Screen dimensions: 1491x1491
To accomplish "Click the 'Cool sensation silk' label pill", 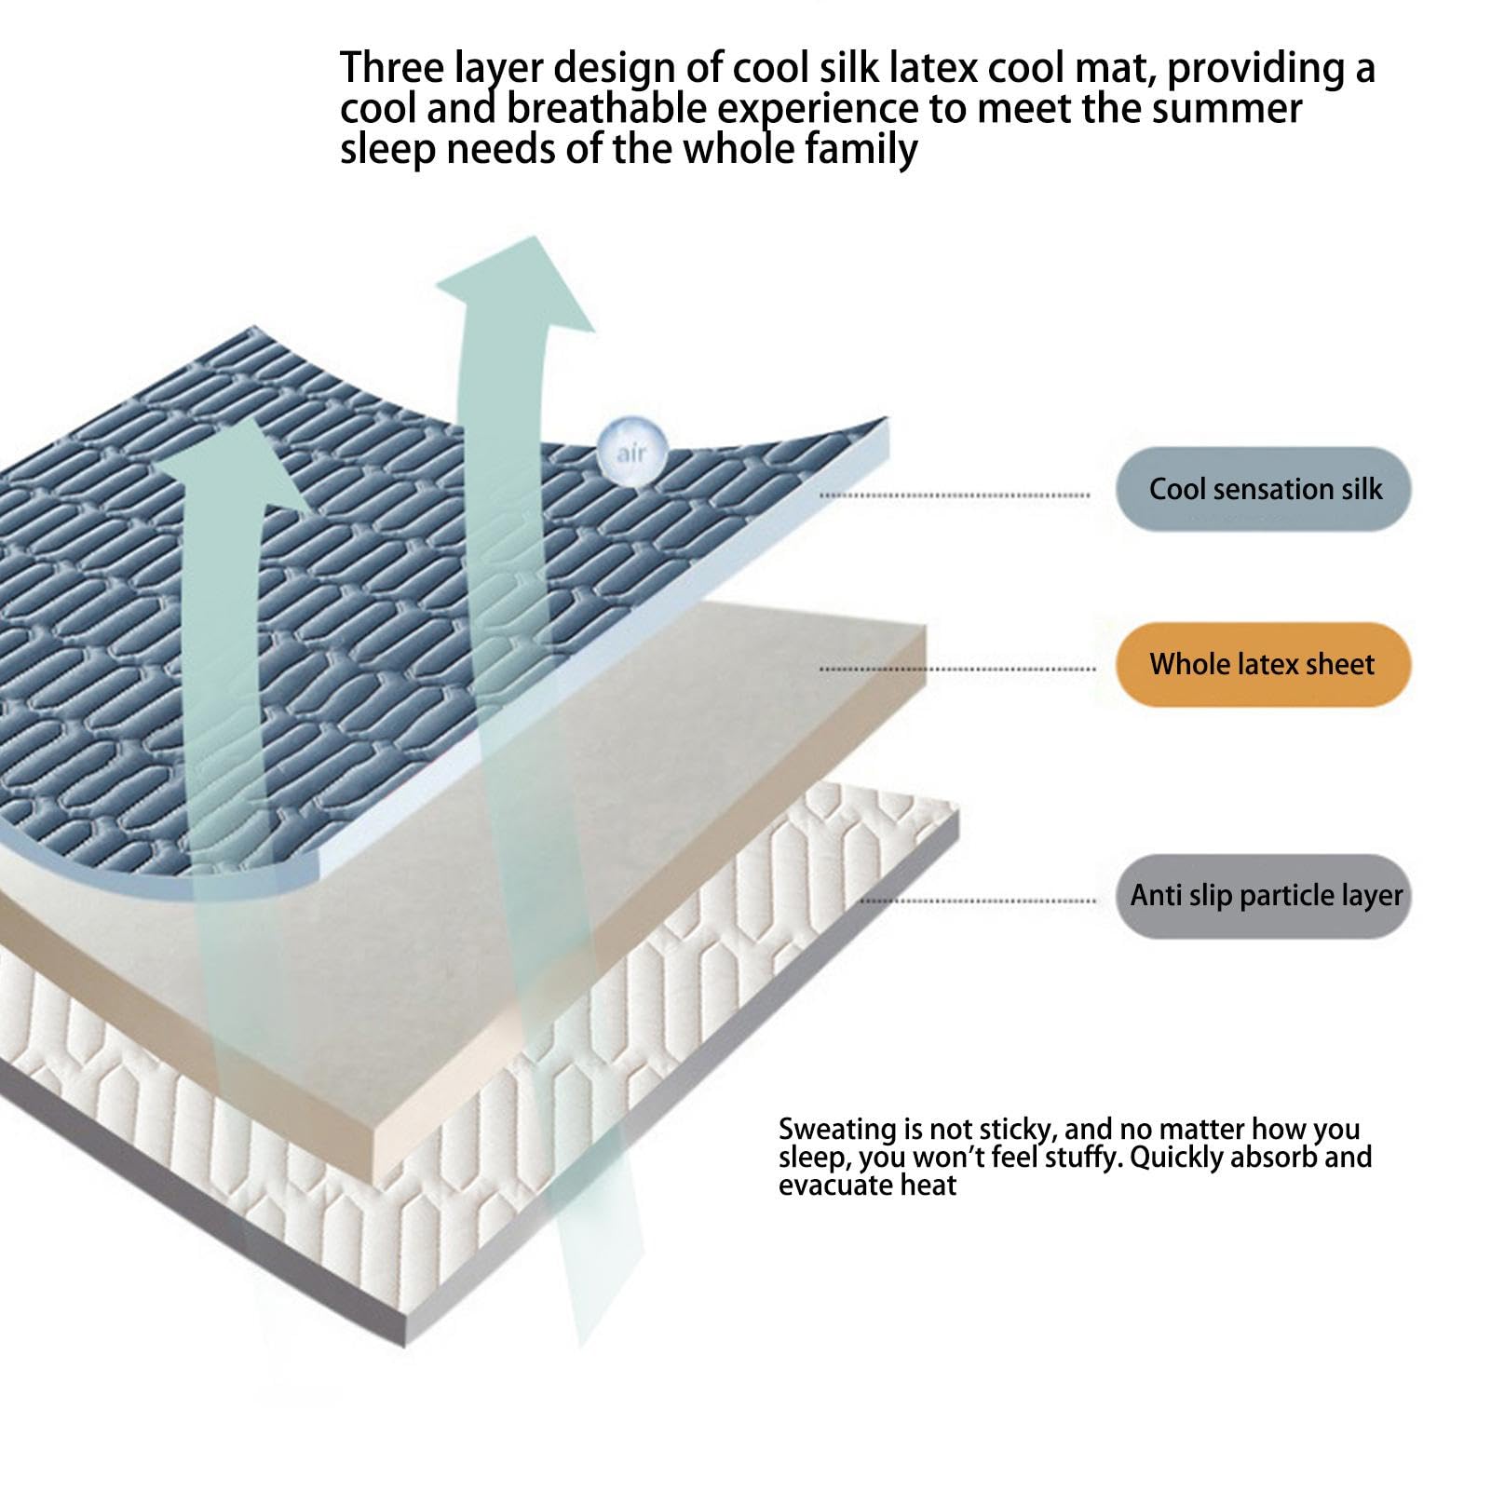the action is point(1264,489).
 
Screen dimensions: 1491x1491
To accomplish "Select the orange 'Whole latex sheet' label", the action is point(1264,664).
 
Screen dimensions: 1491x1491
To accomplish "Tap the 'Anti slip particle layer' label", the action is point(1264,896).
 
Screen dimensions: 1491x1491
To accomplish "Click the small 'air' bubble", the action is point(630,451).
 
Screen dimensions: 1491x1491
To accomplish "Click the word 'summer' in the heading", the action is point(1222,109).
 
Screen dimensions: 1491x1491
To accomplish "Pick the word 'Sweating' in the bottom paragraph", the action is point(835,1131).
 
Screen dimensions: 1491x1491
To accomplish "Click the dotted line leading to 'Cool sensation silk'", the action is point(955,495).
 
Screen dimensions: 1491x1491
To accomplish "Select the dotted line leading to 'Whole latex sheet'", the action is point(957,669).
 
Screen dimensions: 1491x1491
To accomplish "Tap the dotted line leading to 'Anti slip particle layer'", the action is point(978,901).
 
